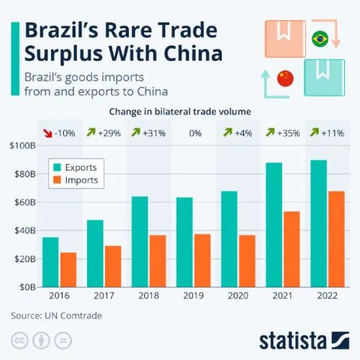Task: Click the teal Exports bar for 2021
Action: click(273, 224)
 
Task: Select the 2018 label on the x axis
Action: click(149, 295)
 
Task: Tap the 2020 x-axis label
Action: click(239, 295)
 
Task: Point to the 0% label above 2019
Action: click(194, 132)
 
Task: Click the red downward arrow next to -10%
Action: click(48, 132)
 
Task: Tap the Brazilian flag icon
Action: click(318, 38)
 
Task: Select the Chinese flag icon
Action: click(286, 76)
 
